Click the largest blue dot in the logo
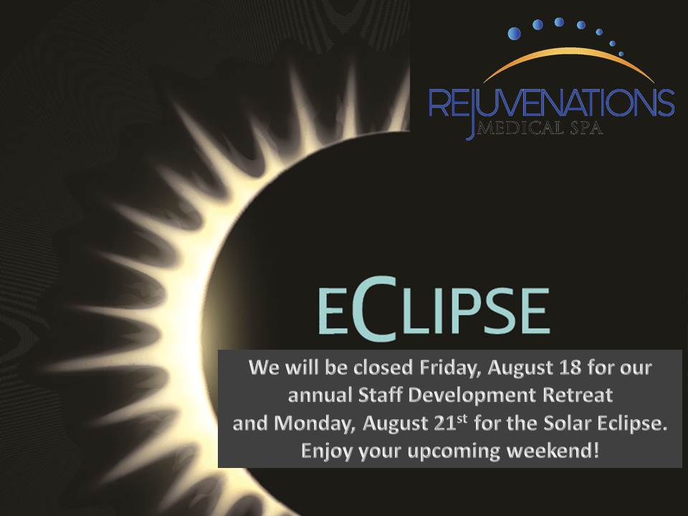point(515,34)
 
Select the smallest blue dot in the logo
point(621,54)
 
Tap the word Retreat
point(578,395)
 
